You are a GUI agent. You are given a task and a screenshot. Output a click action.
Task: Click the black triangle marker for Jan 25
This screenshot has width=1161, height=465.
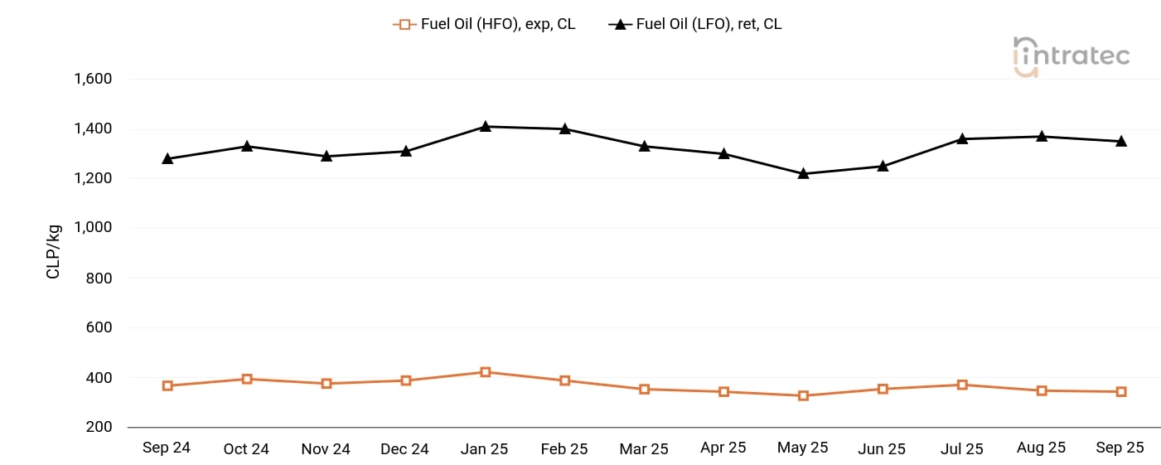486,127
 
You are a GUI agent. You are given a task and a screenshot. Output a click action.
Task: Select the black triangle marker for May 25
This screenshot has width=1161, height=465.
803,173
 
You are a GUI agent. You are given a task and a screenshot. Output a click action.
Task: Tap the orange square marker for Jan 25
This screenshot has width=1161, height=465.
486,372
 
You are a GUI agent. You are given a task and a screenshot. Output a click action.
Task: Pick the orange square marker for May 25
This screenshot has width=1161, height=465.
803,395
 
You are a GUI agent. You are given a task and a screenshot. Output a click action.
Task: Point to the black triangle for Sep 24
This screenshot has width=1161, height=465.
167,157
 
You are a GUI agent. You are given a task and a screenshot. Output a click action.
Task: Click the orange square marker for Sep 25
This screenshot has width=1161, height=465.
1121,391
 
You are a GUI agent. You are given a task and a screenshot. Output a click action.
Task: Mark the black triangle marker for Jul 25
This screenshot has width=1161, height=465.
962,138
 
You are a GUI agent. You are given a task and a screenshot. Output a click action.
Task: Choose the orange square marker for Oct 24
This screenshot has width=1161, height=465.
247,379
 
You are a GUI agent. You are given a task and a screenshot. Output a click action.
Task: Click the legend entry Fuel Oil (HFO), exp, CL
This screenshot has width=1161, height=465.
485,24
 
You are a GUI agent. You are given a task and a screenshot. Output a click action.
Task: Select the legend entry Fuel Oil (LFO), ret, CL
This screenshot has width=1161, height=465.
696,24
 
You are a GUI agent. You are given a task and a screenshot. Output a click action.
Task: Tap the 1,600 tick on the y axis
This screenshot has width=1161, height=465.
93,80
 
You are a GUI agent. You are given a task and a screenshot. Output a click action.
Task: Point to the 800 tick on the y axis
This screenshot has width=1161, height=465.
99,279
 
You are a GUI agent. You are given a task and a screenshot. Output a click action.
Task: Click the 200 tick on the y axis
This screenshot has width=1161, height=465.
99,427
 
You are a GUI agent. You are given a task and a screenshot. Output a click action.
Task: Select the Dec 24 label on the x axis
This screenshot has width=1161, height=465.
405,448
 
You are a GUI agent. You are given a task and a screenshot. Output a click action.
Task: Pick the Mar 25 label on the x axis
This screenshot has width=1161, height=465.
644,448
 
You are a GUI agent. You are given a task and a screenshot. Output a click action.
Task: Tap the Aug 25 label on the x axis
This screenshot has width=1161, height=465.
1041,448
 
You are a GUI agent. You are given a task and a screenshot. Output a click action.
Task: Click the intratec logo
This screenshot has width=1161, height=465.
1071,56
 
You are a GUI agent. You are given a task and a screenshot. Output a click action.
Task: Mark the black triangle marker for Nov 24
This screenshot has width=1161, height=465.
327,155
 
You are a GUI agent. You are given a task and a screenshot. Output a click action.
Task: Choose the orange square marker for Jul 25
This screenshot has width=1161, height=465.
962,385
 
